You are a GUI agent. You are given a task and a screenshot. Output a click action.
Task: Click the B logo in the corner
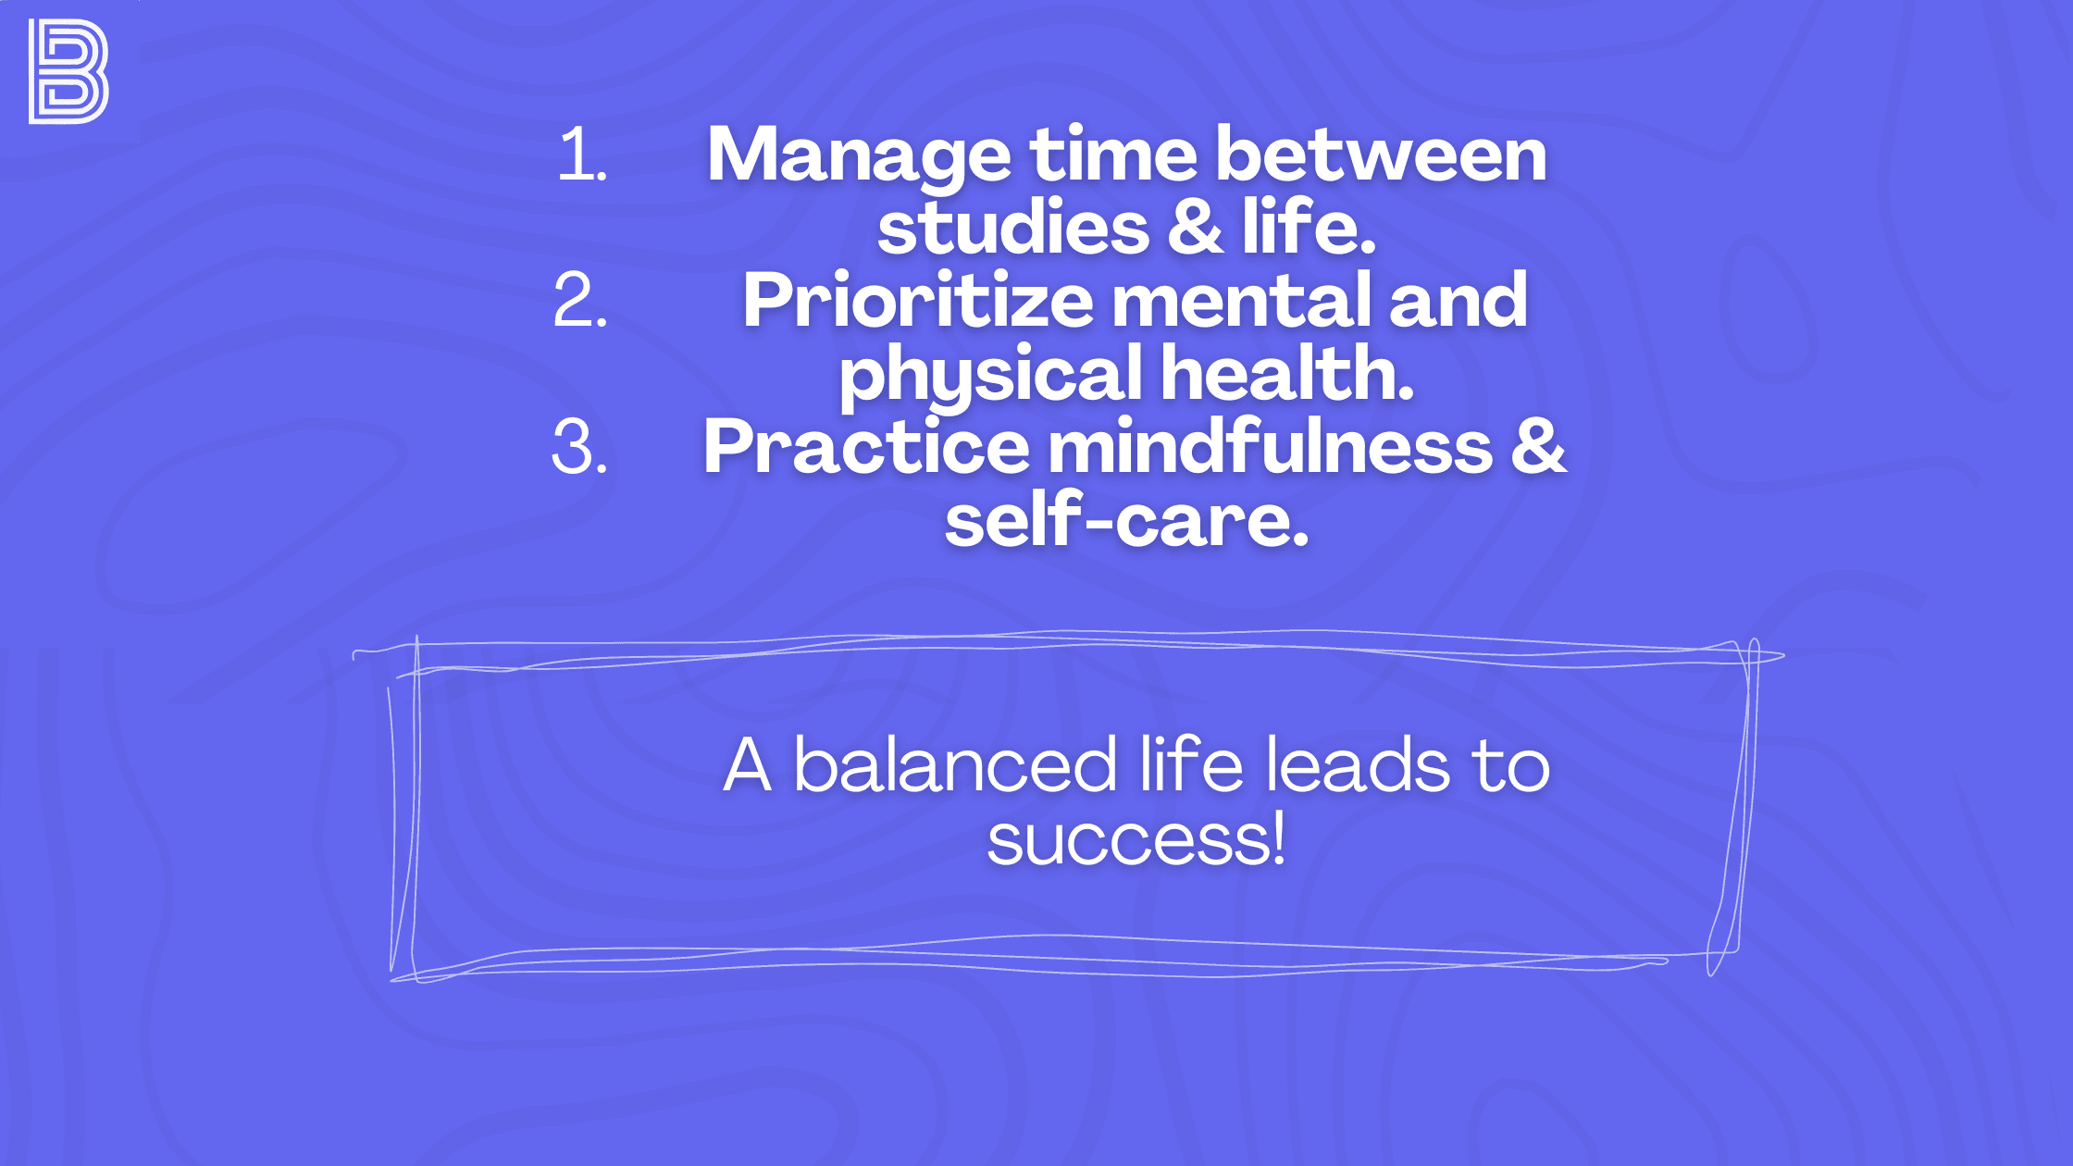68,71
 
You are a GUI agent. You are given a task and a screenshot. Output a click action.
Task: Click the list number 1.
581,155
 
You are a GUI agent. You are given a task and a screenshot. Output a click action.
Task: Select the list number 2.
580,301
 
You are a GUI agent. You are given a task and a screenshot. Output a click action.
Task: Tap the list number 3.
579,448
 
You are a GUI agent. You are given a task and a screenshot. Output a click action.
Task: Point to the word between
1381,155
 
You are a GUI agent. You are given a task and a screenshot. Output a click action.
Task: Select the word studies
1012,229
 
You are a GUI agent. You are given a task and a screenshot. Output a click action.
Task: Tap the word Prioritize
917,302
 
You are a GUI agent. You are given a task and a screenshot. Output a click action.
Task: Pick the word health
1287,373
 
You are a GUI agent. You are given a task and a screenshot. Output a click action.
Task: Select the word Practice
866,448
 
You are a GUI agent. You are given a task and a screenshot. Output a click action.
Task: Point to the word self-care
1126,521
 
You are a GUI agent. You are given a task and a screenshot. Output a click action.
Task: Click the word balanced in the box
955,767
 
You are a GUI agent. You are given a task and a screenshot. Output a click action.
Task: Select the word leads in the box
1357,766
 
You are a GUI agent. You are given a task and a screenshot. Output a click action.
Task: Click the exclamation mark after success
1278,837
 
